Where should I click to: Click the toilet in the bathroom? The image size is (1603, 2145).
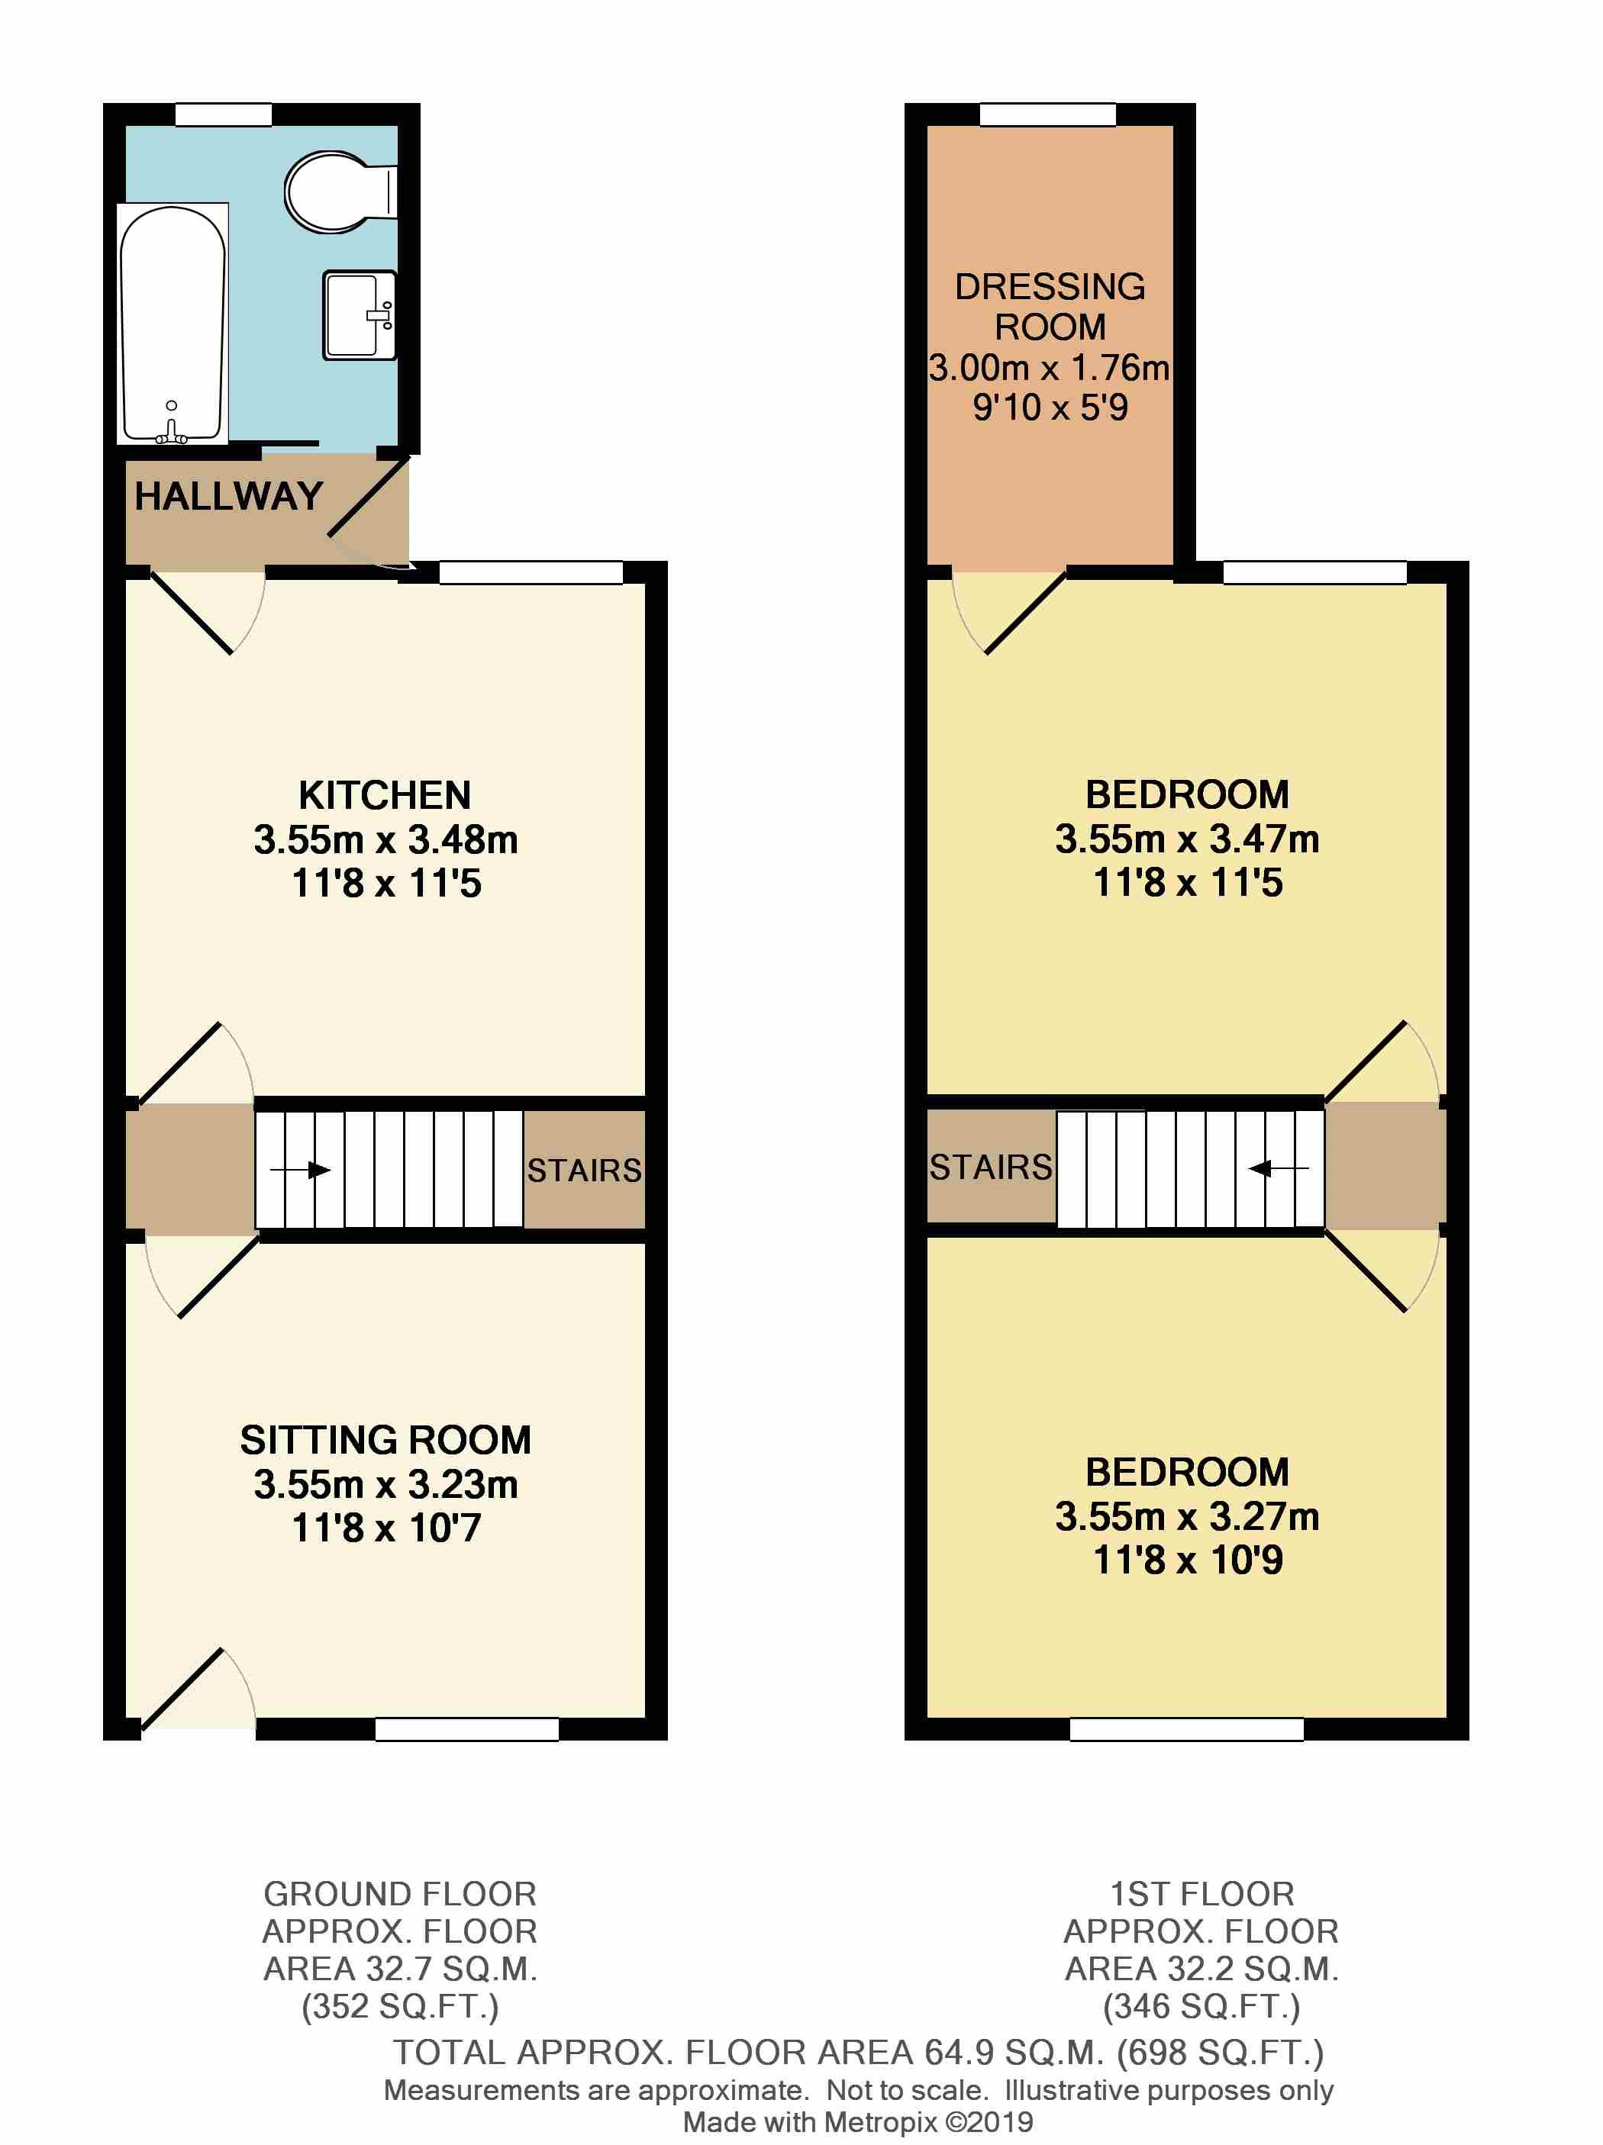pos(334,191)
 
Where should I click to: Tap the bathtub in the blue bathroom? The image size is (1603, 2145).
pos(173,323)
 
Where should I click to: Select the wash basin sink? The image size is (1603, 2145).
pos(359,314)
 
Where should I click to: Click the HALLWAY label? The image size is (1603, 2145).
pos(228,497)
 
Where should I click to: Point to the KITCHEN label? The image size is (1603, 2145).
pos(385,795)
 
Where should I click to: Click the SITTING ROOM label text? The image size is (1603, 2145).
pos(385,1440)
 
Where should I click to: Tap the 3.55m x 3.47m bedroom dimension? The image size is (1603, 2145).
pos(1187,839)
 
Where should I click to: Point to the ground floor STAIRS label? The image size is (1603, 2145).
pos(584,1171)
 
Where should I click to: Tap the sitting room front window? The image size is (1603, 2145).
pos(466,1729)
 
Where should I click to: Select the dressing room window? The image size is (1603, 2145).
pos(1047,115)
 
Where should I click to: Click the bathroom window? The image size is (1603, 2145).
pos(223,115)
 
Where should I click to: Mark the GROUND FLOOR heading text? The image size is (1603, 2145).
pos(399,1894)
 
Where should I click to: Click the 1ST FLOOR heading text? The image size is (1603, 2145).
pos(1201,1894)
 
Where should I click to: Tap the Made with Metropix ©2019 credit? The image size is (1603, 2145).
pos(857,2123)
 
